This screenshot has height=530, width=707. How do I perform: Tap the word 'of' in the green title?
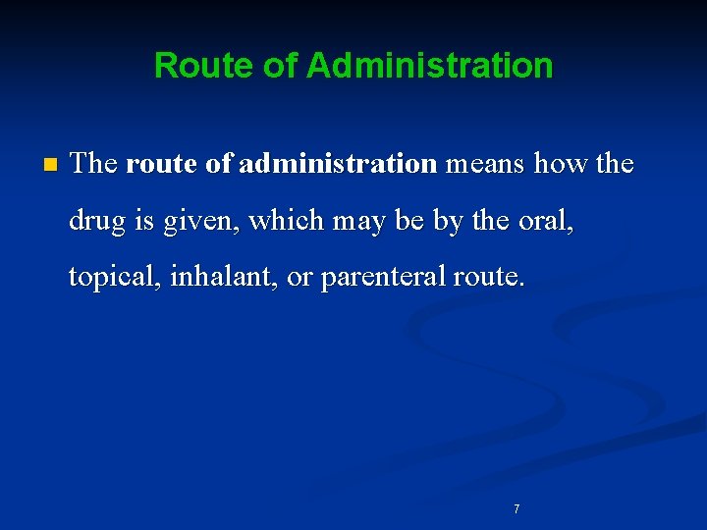pyautogui.click(x=278, y=67)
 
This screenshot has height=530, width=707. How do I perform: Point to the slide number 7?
pyautogui.click(x=517, y=508)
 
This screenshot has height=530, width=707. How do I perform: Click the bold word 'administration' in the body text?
pyautogui.click(x=337, y=164)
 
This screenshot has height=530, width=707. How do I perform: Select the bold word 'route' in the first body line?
pyautogui.click(x=161, y=164)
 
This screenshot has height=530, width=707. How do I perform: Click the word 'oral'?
pyautogui.click(x=546, y=222)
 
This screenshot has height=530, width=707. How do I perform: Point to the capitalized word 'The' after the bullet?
pyautogui.click(x=94, y=164)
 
